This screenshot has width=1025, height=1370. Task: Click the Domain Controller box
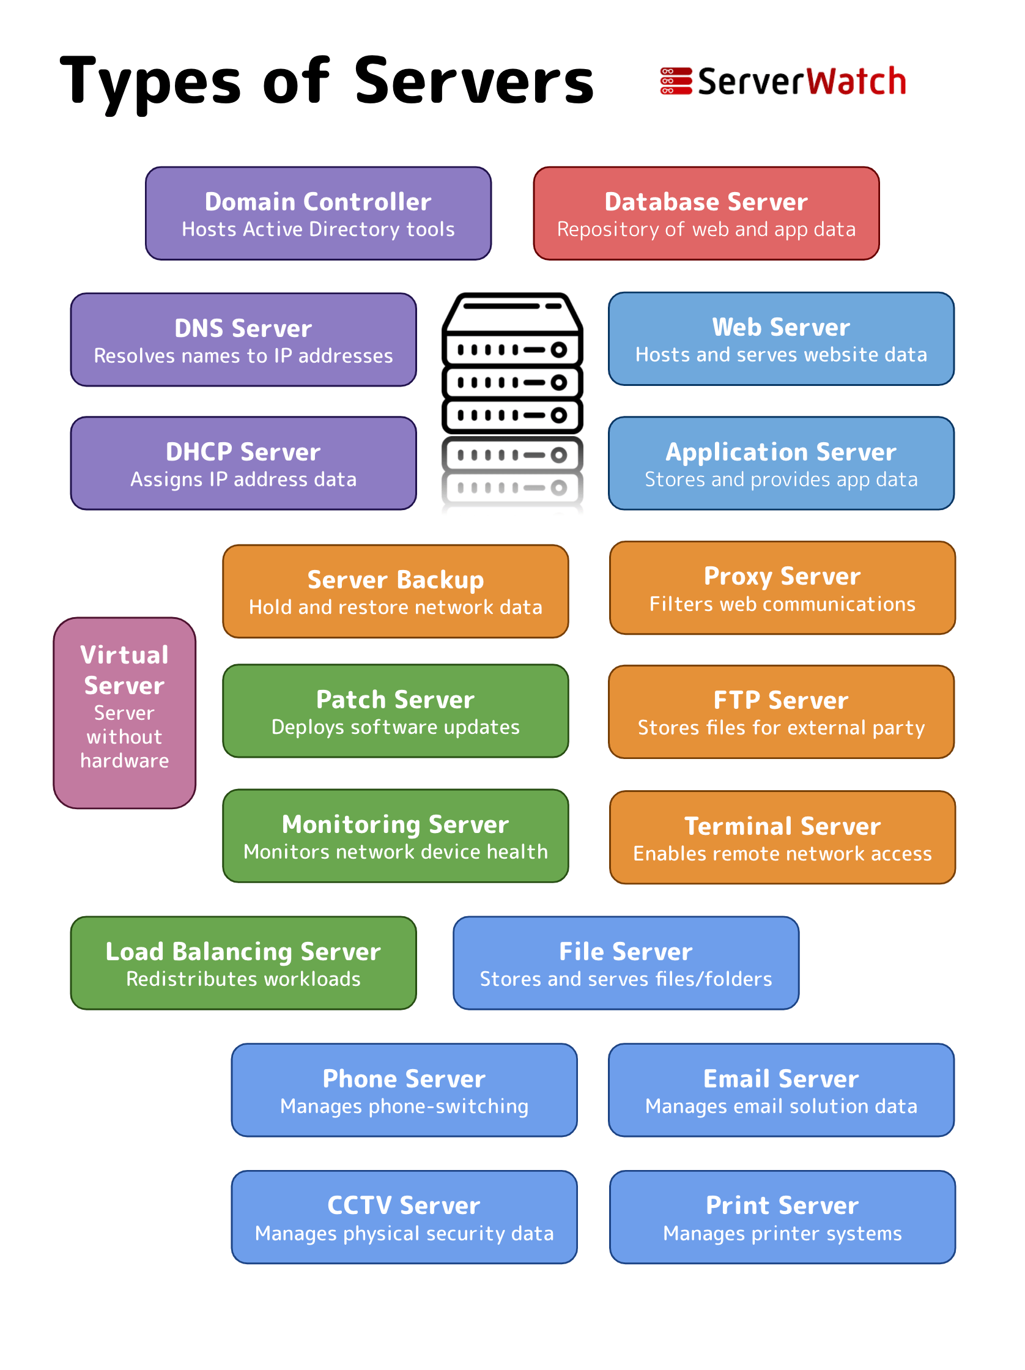click(x=318, y=213)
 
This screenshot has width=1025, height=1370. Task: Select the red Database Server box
click(x=705, y=213)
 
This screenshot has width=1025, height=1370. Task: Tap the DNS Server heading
click(x=243, y=328)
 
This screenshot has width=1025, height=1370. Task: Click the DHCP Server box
click(x=243, y=462)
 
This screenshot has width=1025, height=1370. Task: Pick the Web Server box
click(x=780, y=339)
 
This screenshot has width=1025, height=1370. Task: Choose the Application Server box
click(x=780, y=462)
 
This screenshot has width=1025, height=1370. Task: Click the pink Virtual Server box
click(x=125, y=713)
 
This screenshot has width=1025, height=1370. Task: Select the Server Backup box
click(x=395, y=591)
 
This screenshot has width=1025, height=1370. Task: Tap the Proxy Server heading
click(x=782, y=576)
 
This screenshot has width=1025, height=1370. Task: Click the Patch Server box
click(x=395, y=711)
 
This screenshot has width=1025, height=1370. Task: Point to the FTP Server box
click(x=780, y=712)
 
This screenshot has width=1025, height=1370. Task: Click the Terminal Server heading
click(x=782, y=826)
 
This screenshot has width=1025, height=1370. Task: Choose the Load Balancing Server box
click(x=243, y=963)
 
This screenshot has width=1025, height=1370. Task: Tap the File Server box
click(x=626, y=963)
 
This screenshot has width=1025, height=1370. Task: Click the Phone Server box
click(x=404, y=1089)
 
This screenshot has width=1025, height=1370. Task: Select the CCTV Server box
click(x=404, y=1216)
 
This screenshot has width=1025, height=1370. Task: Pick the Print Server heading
click(x=782, y=1205)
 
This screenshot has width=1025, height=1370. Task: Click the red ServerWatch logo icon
click(x=675, y=81)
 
